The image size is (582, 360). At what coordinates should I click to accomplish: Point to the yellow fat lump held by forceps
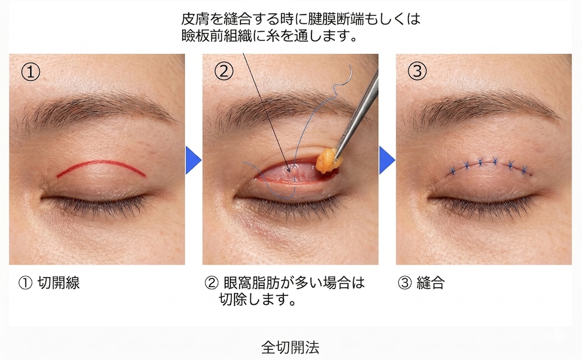pos(329,159)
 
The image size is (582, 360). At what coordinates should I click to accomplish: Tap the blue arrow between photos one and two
pos(193,160)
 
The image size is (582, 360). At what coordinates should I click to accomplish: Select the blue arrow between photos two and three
pos(386,160)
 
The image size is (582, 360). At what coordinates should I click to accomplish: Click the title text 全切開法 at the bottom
pos(290,348)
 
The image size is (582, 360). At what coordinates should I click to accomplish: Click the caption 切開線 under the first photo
pos(58,283)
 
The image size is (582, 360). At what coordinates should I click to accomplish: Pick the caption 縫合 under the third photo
pos(431,283)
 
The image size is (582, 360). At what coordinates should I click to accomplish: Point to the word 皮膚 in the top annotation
pos(194,20)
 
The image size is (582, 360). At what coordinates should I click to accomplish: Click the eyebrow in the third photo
pos(483,108)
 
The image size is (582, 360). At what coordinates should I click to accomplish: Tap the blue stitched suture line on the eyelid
pos(489,164)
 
